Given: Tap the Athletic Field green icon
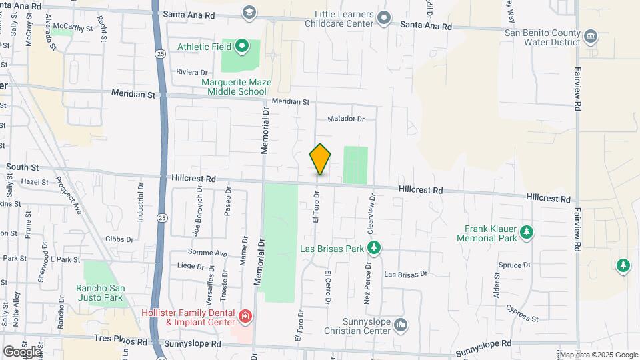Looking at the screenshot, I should click(242, 47).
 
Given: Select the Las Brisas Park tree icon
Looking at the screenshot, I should click(374, 247).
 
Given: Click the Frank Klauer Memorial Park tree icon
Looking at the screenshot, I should click(527, 232).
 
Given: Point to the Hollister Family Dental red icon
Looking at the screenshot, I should click(245, 315).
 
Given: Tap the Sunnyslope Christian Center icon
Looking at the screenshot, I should click(401, 325).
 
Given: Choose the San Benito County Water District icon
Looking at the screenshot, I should click(590, 35).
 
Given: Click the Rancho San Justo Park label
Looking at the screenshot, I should click(105, 293).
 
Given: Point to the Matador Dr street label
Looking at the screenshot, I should click(347, 119).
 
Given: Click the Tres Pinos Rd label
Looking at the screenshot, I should click(121, 340).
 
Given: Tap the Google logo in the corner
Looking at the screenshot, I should click(22, 351).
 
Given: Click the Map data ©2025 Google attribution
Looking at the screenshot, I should click(598, 355).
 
